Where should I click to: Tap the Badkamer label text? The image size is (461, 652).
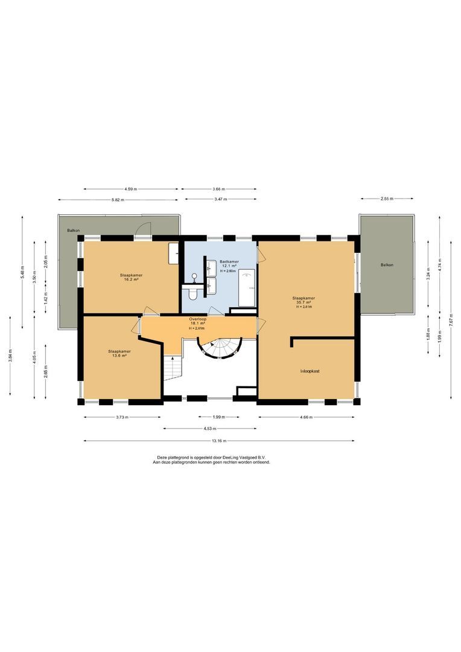tap(229, 261)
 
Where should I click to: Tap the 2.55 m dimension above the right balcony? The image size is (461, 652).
tap(387, 198)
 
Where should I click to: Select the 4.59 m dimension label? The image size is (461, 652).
tap(131, 190)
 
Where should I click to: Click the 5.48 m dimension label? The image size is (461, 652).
tap(22, 272)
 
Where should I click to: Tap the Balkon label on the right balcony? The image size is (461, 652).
tap(387, 265)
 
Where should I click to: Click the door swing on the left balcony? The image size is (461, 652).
tap(142, 228)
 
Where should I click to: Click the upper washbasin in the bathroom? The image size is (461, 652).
tap(211, 267)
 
